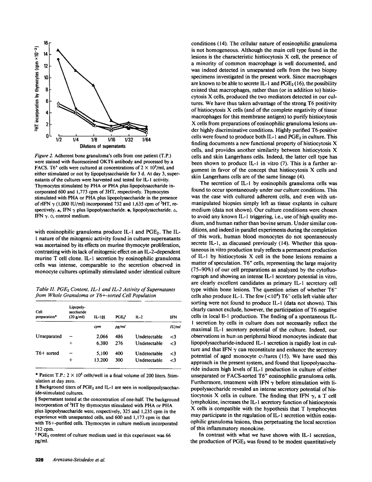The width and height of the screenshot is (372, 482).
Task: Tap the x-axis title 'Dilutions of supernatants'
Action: coord(102,146)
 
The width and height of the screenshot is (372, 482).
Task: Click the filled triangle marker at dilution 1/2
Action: coord(58,50)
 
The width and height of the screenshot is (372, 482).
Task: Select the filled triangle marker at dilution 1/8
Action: coord(94,85)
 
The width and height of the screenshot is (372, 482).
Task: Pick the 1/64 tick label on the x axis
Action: coord(147,139)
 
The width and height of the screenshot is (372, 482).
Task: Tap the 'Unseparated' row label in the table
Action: coord(49,336)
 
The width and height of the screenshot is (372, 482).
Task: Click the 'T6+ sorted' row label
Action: coord(47,353)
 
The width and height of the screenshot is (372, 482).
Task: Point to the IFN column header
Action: coord(174,317)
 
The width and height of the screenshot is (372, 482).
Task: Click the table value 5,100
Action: coord(102,353)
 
